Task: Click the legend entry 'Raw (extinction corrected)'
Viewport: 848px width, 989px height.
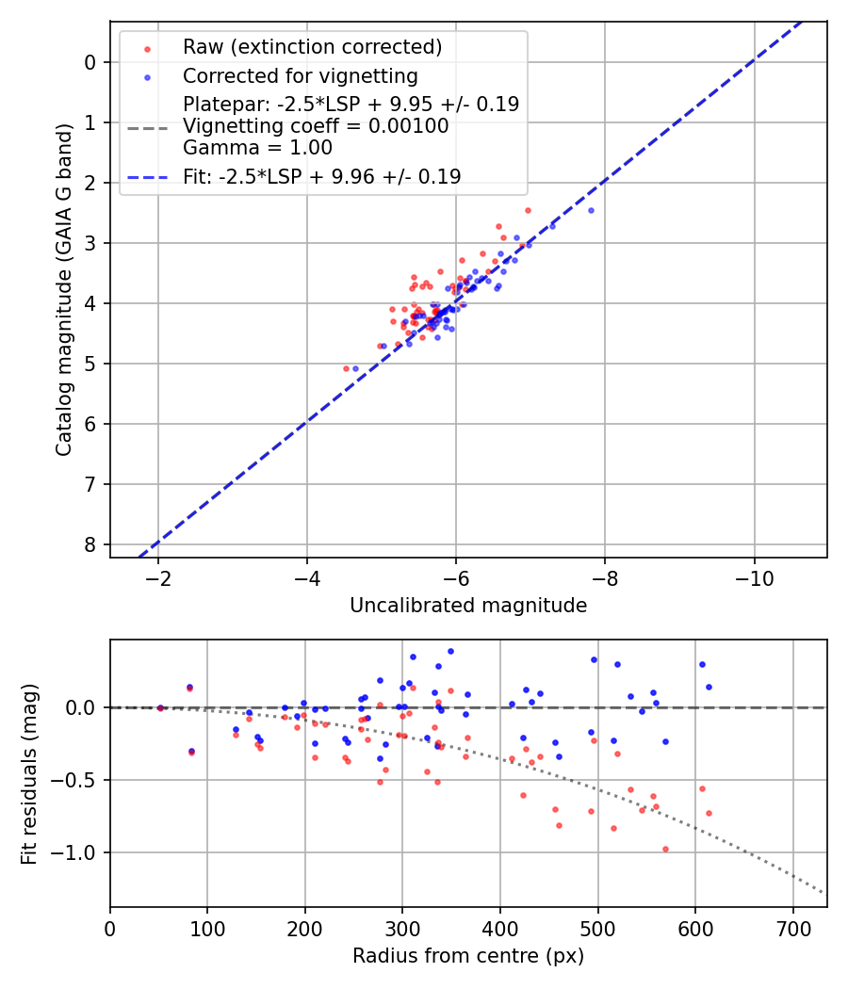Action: [312, 47]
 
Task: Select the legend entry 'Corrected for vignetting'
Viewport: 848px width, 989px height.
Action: [301, 75]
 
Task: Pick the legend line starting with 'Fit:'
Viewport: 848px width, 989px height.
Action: [321, 176]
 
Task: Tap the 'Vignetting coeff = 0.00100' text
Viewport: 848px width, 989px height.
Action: [316, 125]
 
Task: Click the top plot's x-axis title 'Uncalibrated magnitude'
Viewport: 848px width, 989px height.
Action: [468, 606]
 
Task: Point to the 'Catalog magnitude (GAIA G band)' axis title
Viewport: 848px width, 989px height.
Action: [64, 288]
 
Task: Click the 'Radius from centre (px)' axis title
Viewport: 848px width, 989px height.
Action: [468, 956]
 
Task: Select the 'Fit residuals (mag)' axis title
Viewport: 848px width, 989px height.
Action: [29, 773]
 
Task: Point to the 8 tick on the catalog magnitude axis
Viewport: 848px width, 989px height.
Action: [90, 544]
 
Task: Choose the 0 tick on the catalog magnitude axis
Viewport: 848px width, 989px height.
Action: [90, 62]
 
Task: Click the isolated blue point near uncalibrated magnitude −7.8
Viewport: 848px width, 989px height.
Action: [591, 210]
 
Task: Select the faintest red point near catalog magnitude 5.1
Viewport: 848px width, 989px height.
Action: [346, 368]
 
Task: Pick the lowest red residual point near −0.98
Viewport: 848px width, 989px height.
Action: [665, 849]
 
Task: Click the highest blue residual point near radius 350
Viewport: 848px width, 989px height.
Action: [450, 651]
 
